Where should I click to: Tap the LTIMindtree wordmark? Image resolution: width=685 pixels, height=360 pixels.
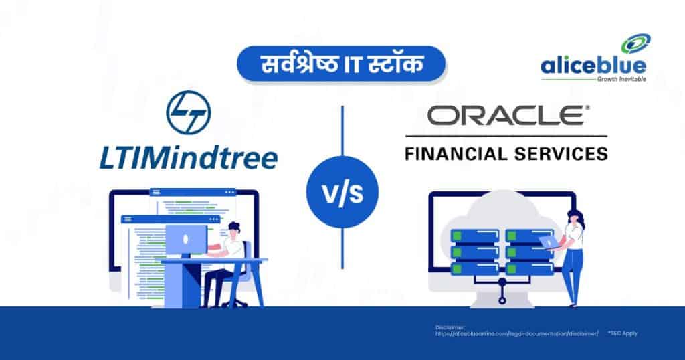click(187, 159)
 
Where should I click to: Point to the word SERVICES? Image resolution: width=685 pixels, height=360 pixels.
click(563, 153)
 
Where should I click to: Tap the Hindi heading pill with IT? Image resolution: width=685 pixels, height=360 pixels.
click(342, 64)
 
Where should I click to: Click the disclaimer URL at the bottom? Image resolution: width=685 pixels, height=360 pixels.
click(516, 333)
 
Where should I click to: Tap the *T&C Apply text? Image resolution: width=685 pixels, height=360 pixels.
click(622, 333)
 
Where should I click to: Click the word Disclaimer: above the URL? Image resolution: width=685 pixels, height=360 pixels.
click(449, 327)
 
